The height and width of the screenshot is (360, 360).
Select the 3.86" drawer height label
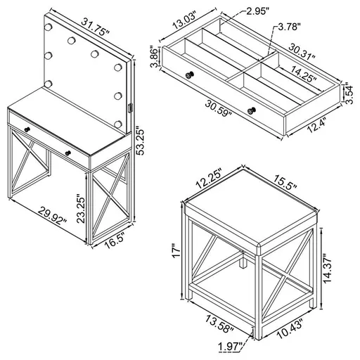[x=158, y=56]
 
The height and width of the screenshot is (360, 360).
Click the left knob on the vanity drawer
[x=26, y=129]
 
